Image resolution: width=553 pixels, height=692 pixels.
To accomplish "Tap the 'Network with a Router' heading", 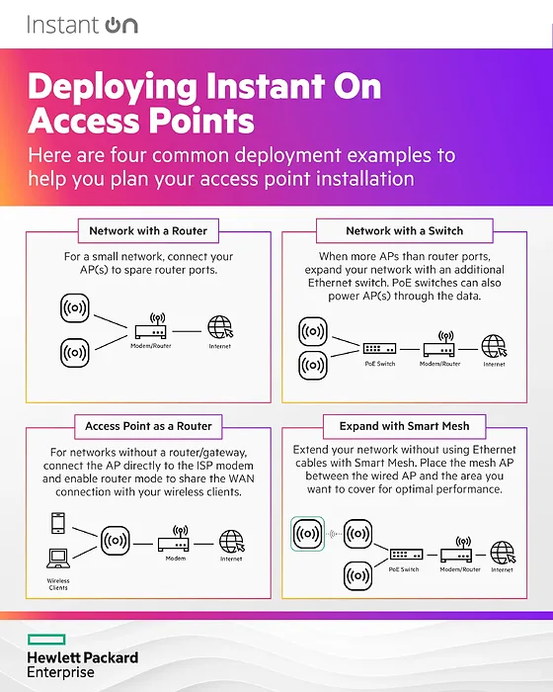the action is pyautogui.click(x=148, y=230).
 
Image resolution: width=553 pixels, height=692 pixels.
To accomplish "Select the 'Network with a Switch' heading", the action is pyautogui.click(x=405, y=230).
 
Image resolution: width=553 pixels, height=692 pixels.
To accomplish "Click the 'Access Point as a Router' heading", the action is pyautogui.click(x=148, y=426).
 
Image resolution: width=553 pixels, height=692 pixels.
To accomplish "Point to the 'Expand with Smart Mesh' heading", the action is pyautogui.click(x=405, y=426).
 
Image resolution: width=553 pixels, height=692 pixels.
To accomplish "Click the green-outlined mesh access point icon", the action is pyautogui.click(x=307, y=534).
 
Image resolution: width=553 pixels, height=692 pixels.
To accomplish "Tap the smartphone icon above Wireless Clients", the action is pyautogui.click(x=58, y=523).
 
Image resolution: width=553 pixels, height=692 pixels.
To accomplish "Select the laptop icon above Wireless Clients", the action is pyautogui.click(x=58, y=559).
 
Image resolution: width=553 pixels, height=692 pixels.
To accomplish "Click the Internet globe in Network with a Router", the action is pyautogui.click(x=220, y=327).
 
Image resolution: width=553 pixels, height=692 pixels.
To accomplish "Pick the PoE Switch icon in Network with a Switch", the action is pyautogui.click(x=379, y=349).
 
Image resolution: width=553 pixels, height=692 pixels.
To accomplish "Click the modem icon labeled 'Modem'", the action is pyautogui.click(x=174, y=539).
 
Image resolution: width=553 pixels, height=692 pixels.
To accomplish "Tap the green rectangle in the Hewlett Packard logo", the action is pyautogui.click(x=46, y=640).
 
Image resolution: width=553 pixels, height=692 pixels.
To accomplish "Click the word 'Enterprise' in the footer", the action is pyautogui.click(x=60, y=672).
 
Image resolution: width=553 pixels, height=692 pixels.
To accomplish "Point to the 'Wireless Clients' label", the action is pyautogui.click(x=58, y=584).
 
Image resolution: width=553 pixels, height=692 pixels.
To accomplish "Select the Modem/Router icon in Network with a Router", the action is pyautogui.click(x=151, y=325).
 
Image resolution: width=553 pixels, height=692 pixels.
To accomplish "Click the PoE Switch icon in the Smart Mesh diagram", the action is pyautogui.click(x=406, y=554).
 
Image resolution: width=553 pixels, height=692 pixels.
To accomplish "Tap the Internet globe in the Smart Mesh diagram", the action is pyautogui.click(x=503, y=553).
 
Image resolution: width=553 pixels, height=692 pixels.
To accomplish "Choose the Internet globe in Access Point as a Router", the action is pyautogui.click(x=232, y=542).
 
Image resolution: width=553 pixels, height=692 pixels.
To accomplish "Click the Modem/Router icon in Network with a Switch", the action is pyautogui.click(x=439, y=344).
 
